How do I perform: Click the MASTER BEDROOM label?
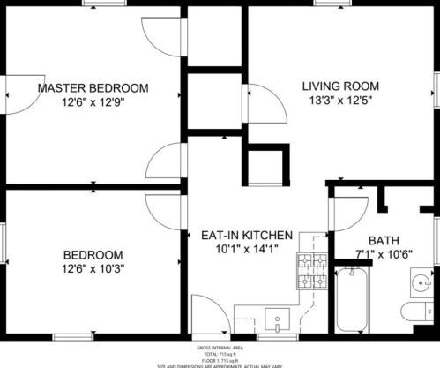[x=93, y=88]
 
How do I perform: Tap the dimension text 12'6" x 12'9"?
[x=93, y=103]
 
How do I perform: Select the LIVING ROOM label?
[x=340, y=86]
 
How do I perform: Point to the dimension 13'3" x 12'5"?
[x=340, y=101]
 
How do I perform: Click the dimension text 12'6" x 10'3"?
[x=93, y=270]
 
